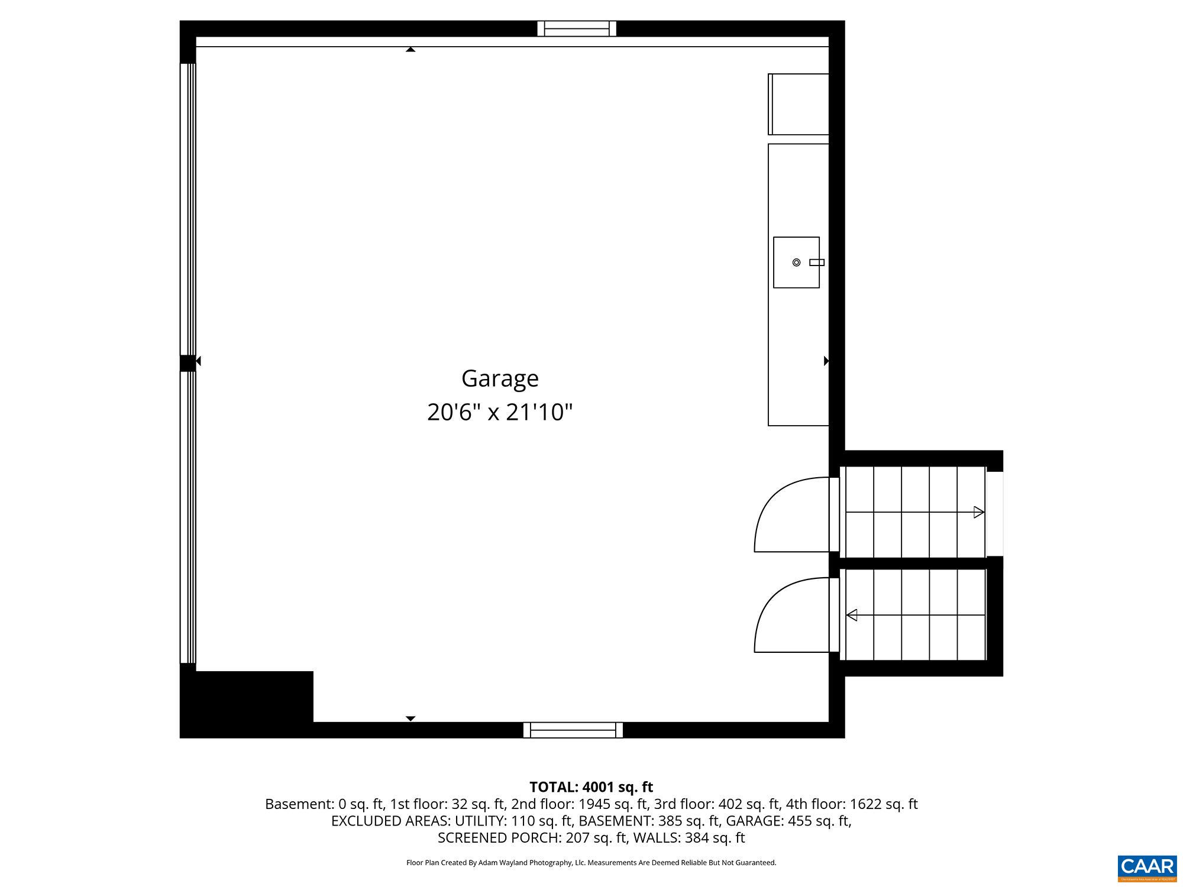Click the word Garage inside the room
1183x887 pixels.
(x=500, y=378)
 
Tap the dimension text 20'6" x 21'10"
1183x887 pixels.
(x=500, y=412)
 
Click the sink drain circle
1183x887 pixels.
(x=796, y=263)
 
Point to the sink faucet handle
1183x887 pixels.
(x=817, y=263)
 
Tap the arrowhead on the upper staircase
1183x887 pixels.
(x=979, y=512)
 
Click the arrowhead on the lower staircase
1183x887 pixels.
(x=852, y=615)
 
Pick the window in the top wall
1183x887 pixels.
(x=577, y=28)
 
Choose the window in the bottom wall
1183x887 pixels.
(x=573, y=730)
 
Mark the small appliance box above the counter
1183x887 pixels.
(x=799, y=104)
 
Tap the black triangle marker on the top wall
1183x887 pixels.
(x=411, y=50)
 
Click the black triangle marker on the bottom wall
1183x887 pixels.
(x=411, y=718)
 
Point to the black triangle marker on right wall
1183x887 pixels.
(x=826, y=361)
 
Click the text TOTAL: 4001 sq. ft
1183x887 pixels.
(x=591, y=787)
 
